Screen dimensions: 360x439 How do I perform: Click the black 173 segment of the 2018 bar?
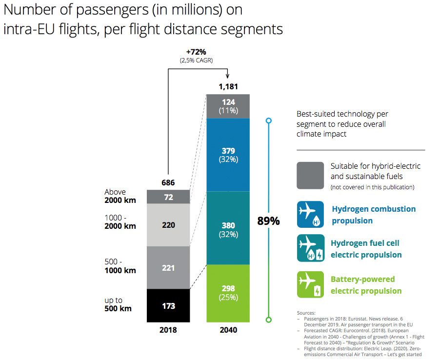point(168,306)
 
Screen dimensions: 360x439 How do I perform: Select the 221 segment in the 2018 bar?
point(168,268)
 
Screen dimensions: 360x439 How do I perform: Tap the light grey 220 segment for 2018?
point(168,225)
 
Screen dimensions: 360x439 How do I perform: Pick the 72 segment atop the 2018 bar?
point(168,197)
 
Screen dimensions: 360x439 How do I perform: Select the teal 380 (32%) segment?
point(228,229)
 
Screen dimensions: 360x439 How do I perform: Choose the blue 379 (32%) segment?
point(228,155)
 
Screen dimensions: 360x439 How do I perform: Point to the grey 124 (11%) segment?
point(228,106)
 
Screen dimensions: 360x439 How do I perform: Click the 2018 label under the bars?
point(168,330)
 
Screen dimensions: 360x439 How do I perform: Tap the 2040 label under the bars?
point(228,330)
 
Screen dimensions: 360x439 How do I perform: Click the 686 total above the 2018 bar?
point(168,183)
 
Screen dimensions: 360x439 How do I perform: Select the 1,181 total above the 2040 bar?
point(228,87)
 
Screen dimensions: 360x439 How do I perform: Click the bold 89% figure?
point(268,221)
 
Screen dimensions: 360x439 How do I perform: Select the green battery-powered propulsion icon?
point(310,284)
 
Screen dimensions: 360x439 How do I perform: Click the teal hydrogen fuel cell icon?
point(310,248)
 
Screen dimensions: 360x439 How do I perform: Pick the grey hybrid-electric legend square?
point(310,176)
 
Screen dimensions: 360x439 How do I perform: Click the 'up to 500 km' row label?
point(118,304)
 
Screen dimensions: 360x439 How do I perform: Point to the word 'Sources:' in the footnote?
point(306,313)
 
